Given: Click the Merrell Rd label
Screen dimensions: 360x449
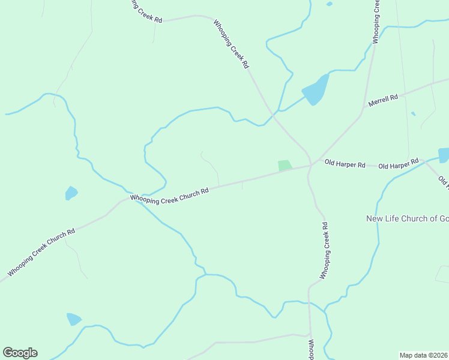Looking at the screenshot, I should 383,98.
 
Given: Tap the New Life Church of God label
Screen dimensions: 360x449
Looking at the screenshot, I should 408,218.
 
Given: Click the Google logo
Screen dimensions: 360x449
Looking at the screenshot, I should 20,353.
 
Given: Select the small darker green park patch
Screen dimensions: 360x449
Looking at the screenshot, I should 285,165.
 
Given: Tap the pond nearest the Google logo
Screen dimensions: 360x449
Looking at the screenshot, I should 74,319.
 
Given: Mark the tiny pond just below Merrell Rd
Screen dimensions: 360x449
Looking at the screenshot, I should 413,113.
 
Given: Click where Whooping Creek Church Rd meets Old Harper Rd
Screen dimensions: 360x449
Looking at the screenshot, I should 310,166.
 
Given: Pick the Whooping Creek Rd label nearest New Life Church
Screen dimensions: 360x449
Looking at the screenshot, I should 324,251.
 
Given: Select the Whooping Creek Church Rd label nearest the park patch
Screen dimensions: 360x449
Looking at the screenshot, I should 169,196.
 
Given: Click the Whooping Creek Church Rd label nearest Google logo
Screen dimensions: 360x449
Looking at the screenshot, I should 41,253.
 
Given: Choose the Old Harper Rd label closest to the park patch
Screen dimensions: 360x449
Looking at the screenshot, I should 345,163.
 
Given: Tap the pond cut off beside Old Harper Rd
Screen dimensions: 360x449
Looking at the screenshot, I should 444,155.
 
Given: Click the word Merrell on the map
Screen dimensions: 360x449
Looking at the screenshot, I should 378,99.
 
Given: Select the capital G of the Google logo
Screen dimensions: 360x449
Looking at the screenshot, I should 8,353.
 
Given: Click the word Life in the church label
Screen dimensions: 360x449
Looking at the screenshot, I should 394,218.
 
